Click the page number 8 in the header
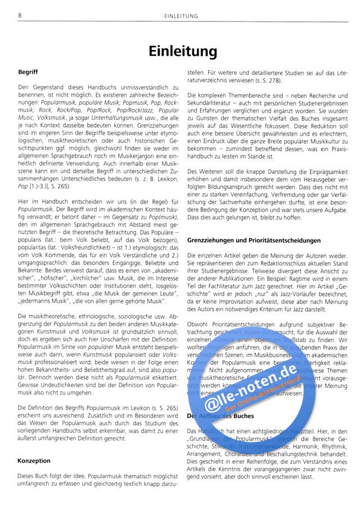[x=20, y=16]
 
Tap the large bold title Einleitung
[x=183, y=51]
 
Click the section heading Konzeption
[x=34, y=460]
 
